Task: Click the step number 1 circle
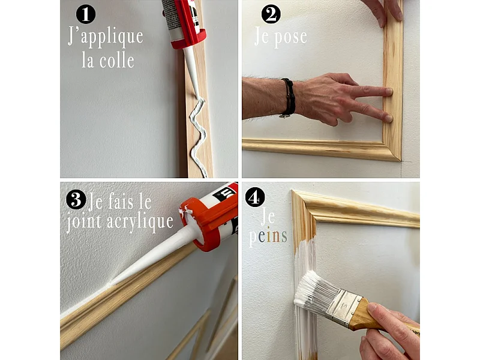coord(86,13)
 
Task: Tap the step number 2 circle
coord(271,13)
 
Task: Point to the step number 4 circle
coord(255,197)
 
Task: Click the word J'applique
coord(106,37)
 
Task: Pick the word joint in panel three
coord(85,221)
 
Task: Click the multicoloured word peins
coord(268,236)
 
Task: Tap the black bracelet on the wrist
coord(289,97)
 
